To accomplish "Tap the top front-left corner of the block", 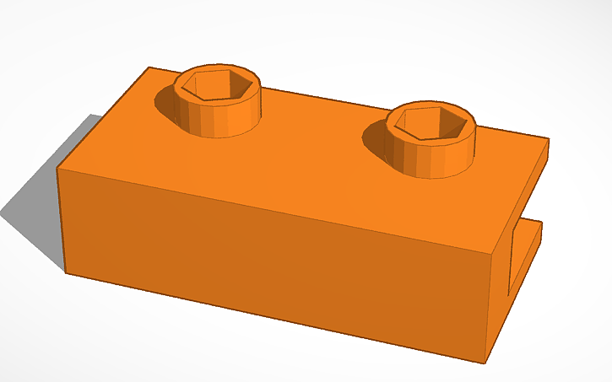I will tap(57, 169).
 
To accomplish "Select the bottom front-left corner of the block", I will tap(65, 272).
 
